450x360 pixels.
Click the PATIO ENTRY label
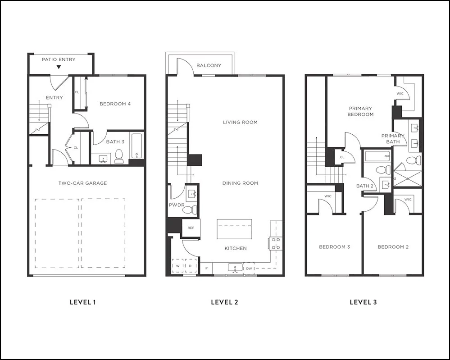[59, 59]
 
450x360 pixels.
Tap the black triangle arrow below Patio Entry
[59, 68]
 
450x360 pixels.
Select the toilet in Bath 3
[119, 156]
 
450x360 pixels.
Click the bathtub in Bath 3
[136, 146]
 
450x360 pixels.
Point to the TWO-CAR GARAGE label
[82, 183]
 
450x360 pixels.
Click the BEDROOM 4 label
[115, 104]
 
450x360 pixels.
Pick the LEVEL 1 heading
[82, 302]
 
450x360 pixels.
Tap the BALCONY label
[209, 66]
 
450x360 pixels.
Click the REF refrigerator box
[191, 228]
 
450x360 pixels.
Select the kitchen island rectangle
[234, 229]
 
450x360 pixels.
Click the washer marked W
[178, 266]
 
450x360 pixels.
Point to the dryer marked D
[191, 266]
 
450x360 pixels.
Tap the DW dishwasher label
[249, 269]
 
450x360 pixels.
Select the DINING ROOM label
[240, 183]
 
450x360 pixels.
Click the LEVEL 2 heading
[224, 302]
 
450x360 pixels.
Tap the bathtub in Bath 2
[377, 157]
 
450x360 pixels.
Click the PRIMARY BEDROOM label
[360, 111]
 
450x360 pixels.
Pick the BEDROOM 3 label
[335, 247]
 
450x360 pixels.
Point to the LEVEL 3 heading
[363, 302]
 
